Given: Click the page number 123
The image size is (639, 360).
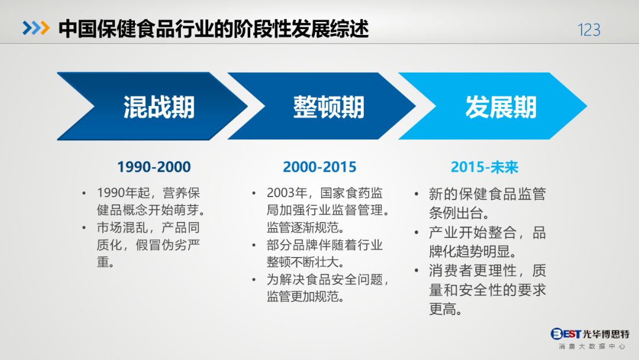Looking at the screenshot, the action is pos(589,30).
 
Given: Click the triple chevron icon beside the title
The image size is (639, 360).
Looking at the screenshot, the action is pos(36,28).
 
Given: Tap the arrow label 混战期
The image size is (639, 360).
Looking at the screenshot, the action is pos(159,107).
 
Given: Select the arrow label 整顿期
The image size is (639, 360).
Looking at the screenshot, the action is pos(328,107).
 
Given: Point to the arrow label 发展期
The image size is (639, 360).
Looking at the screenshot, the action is pos(501,107).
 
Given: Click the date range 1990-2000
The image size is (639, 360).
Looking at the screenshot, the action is pos(154,167).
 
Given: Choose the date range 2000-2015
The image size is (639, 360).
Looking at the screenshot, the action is pos(319,167).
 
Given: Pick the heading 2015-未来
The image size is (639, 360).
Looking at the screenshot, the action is pos(484,167).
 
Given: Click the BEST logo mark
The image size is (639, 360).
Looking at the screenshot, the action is pos(566,334).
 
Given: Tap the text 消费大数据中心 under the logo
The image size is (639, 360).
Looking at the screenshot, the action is pos(592,346).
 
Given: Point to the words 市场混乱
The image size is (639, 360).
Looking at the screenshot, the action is pos(122,227).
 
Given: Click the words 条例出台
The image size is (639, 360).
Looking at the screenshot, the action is pos(455,213).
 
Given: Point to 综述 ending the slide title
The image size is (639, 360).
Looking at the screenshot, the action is pos(350,28).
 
